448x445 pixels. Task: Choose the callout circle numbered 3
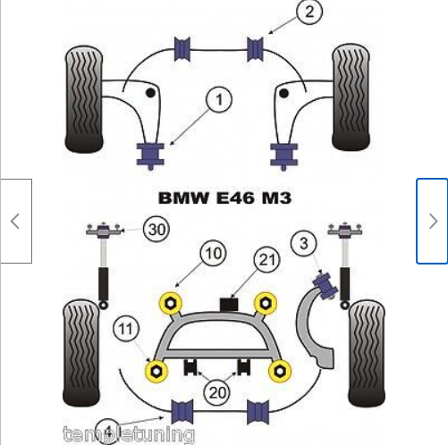(305, 243)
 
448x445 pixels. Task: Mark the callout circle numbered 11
(125, 332)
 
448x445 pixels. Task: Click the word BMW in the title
(183, 197)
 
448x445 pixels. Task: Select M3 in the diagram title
(275, 197)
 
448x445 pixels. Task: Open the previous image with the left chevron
(15, 221)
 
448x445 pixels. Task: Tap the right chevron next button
(432, 221)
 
